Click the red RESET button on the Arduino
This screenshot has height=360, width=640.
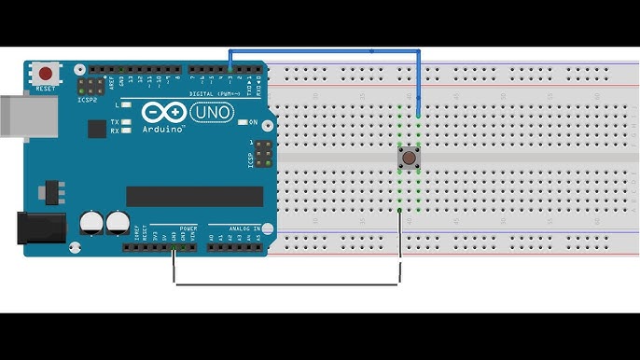(x=44, y=72)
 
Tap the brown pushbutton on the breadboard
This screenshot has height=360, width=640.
(x=409, y=159)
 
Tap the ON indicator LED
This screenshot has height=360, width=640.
(x=242, y=122)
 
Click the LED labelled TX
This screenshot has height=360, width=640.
(x=127, y=122)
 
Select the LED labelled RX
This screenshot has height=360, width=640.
(x=127, y=131)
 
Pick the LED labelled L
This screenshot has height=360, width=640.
(x=127, y=107)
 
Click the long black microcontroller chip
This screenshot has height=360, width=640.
(x=195, y=196)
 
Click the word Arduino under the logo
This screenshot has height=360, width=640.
(x=164, y=130)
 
